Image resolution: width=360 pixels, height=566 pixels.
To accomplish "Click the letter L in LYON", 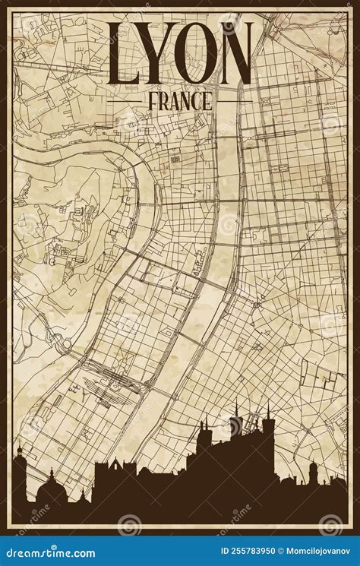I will [x=125, y=55].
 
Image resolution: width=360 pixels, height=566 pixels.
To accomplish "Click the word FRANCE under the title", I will [x=180, y=100].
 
